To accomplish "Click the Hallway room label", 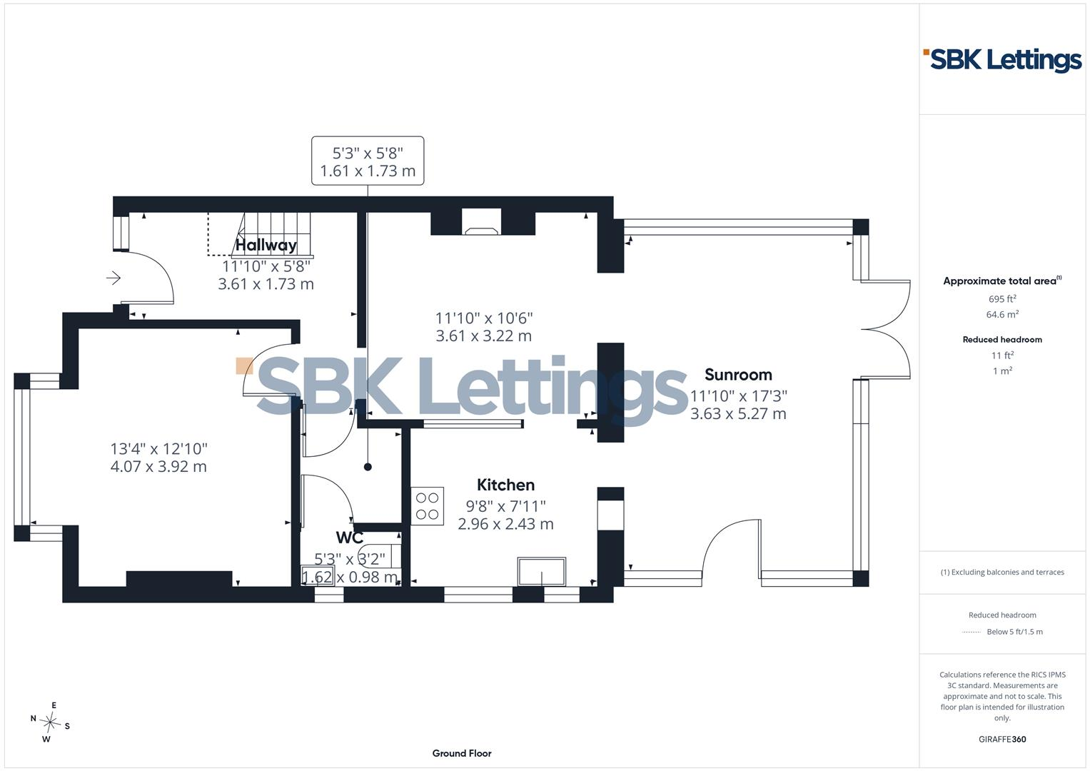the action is (x=266, y=245).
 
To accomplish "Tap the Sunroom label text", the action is (x=738, y=374).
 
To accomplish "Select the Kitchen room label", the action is (x=505, y=485).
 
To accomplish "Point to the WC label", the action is (x=349, y=538).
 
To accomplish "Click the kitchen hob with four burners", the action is (x=428, y=506).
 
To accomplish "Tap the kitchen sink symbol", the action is (x=542, y=571).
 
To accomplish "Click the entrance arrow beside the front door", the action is (x=113, y=278).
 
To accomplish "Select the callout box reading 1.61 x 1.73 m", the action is (x=368, y=161).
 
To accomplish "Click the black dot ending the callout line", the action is (x=368, y=467).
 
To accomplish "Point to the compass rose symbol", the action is (x=50, y=722).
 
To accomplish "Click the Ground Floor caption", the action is (x=462, y=753).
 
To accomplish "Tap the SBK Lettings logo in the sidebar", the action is (x=1002, y=61).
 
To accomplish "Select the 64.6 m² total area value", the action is (x=1002, y=314).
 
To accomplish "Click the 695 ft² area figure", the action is (x=1002, y=299).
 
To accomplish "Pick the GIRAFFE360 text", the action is (x=1002, y=739).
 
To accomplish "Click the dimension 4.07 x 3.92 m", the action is (x=158, y=466).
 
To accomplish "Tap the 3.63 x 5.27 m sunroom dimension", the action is (x=738, y=414).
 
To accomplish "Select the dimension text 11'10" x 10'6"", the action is (x=484, y=318).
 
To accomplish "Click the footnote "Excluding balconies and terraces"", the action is (x=1002, y=572).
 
